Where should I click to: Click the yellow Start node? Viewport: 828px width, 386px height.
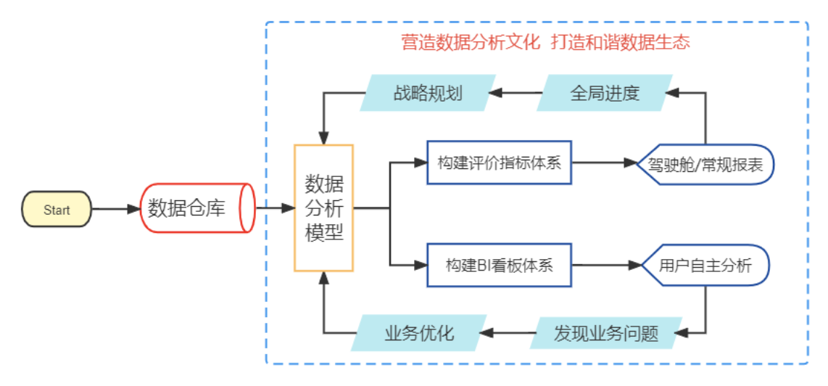click(x=57, y=210)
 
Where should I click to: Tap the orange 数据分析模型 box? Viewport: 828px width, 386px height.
click(x=323, y=208)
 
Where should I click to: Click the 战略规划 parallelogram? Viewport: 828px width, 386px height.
click(x=428, y=93)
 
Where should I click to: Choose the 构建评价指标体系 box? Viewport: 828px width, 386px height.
click(x=500, y=163)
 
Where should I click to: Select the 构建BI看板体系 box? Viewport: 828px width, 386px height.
click(x=500, y=266)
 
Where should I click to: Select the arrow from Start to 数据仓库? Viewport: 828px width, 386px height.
click(x=116, y=210)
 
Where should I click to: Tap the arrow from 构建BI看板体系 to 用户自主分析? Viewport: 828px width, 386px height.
click(x=605, y=266)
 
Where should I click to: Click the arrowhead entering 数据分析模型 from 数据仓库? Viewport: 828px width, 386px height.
click(x=288, y=209)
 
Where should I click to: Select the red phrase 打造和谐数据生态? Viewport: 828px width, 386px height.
click(x=620, y=42)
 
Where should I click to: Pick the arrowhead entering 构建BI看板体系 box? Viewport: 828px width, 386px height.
click(x=421, y=266)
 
